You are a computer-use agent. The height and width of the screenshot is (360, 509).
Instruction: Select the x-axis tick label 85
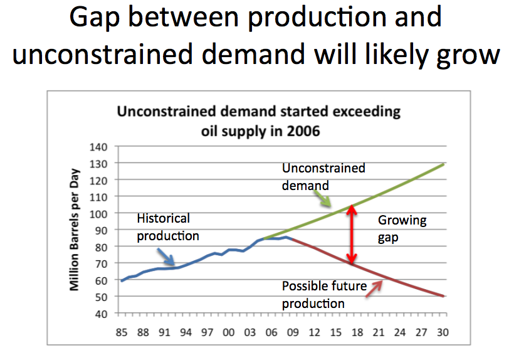tap(121, 332)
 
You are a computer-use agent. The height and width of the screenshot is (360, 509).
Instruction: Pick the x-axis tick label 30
tap(443, 332)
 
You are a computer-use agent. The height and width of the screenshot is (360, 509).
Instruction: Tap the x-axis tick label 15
tap(335, 332)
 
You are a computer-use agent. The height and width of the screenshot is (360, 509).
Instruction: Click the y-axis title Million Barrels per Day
tap(75, 230)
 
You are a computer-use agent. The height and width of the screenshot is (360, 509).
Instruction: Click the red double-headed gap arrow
tap(353, 234)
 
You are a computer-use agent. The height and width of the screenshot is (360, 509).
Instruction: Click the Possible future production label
tap(324, 295)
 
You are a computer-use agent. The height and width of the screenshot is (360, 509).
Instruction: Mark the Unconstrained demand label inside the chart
tap(323, 177)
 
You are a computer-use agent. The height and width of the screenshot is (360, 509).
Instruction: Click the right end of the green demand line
tap(443, 164)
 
